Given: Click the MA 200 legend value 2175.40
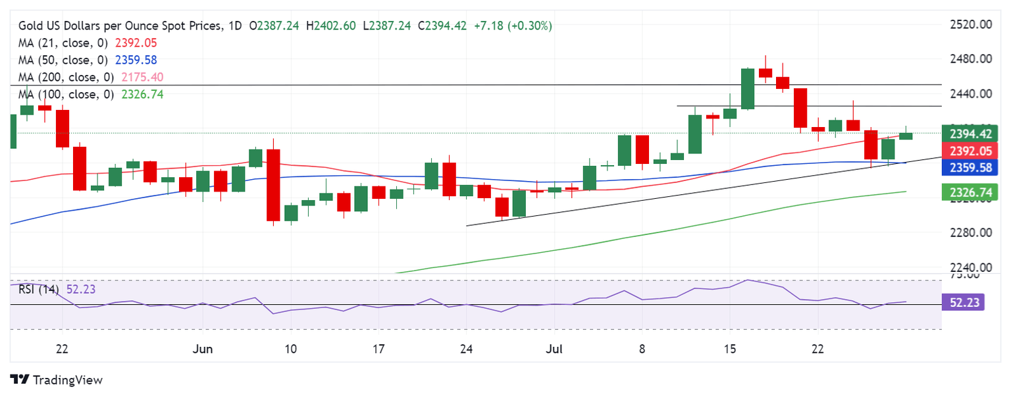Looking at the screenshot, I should coord(139,78).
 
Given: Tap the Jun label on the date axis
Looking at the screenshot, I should coord(203,349).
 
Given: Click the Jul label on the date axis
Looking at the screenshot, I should coord(554,349).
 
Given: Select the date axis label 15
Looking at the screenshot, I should coord(729,349).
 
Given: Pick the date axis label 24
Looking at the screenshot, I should coord(466,349).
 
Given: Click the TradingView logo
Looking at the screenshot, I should coord(57,380).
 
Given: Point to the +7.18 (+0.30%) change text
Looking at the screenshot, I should coord(513,26).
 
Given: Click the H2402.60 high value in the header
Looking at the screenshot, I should coord(335,26).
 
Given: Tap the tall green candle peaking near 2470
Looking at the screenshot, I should coord(747,89).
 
